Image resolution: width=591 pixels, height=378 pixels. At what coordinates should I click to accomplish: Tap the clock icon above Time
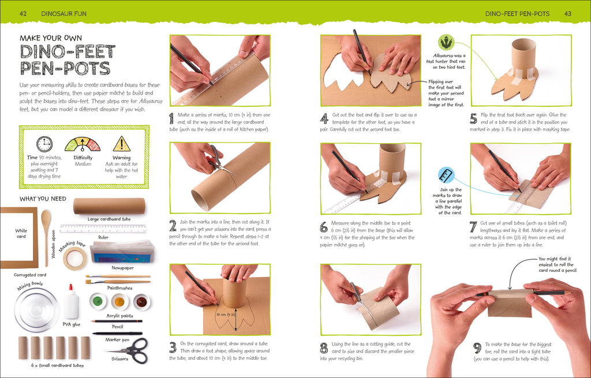tap(44, 144)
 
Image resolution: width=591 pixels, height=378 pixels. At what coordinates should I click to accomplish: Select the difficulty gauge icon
tap(83, 144)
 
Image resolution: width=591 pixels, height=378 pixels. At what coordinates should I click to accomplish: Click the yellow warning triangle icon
tap(121, 144)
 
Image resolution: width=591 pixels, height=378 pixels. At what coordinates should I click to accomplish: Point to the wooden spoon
tap(46, 229)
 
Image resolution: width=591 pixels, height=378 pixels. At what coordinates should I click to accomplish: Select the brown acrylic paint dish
tap(141, 301)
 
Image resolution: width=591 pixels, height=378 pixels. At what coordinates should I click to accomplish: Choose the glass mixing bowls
tap(36, 309)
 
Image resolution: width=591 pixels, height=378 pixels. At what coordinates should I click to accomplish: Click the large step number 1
tap(171, 118)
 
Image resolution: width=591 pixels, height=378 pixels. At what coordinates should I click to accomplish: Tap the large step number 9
tap(477, 348)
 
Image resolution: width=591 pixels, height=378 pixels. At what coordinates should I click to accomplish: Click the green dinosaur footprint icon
tap(446, 42)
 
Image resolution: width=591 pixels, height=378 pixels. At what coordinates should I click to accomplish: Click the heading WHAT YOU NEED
tap(43, 199)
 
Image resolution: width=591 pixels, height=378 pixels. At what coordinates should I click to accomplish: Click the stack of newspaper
tap(122, 250)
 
